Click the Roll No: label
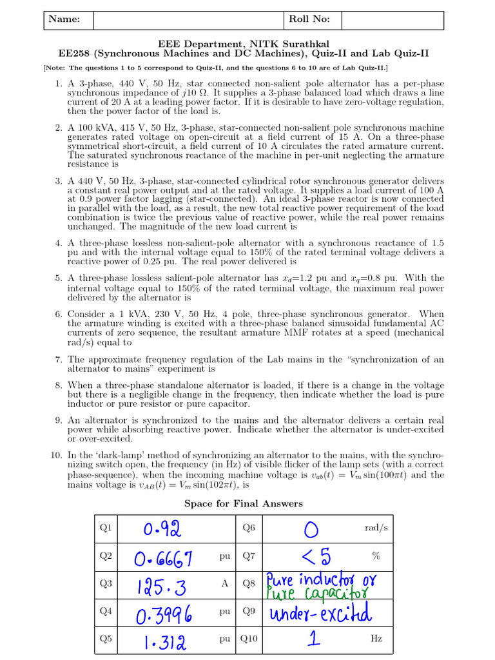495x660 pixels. tap(309, 19)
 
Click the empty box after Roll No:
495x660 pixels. tap(392, 19)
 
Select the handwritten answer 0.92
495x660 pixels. tap(162, 529)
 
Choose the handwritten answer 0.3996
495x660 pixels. tap(164, 614)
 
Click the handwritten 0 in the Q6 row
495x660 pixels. tap(311, 530)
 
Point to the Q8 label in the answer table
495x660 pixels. tap(249, 583)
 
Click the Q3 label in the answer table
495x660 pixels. tap(105, 583)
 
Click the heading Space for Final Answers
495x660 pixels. tap(244, 503)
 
